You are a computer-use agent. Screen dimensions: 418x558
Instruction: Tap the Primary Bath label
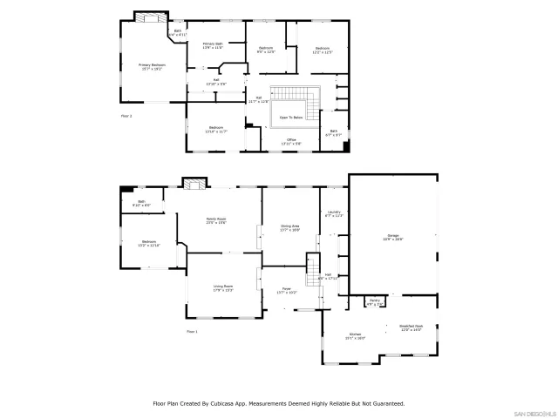(x=214, y=44)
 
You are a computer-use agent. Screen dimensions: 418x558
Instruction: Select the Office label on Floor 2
(x=291, y=139)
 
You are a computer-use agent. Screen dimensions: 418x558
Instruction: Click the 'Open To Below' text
(x=291, y=117)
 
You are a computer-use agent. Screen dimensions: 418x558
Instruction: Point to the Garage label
(x=394, y=236)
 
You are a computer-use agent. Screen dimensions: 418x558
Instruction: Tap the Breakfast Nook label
(x=411, y=327)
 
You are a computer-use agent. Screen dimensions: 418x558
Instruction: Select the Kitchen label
(x=356, y=335)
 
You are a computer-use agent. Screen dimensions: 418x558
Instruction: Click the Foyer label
(x=286, y=290)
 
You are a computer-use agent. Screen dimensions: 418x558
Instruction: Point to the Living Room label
(x=223, y=287)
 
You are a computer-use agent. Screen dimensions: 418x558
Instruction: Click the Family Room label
(x=215, y=219)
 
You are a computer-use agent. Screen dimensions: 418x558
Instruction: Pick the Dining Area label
(x=289, y=227)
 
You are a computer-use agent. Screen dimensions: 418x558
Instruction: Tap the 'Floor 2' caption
(x=126, y=114)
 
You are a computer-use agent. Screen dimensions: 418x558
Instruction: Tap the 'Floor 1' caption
(x=192, y=332)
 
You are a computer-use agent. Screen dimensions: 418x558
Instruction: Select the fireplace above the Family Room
(x=194, y=183)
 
